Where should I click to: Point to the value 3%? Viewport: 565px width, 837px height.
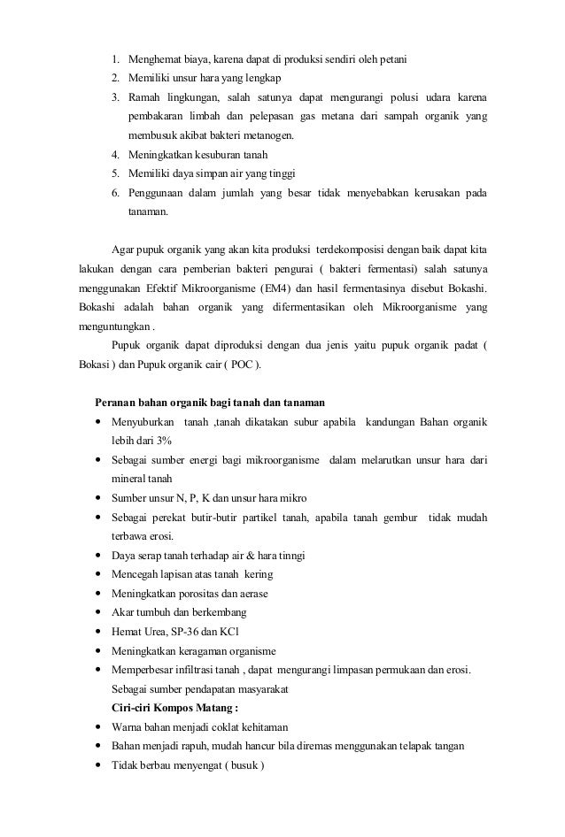160,440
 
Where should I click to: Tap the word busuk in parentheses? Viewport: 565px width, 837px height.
240,765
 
